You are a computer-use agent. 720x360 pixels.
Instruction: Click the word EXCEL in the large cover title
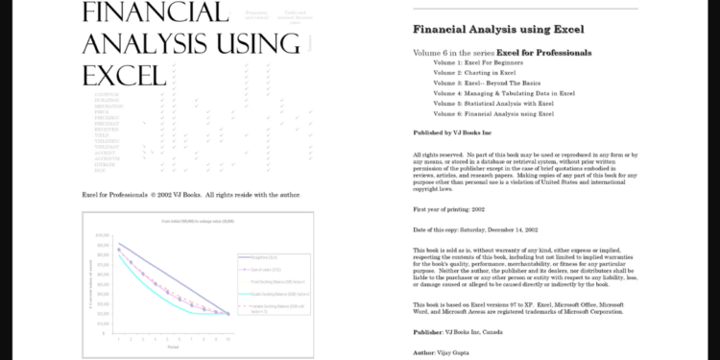[126, 75]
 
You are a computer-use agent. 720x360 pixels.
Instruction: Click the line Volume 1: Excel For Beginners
[477, 61]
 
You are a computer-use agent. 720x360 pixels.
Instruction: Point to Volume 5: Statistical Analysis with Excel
[493, 103]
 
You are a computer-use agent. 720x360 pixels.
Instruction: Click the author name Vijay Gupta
[451, 352]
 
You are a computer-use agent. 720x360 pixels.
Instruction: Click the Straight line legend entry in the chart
[262, 257]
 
